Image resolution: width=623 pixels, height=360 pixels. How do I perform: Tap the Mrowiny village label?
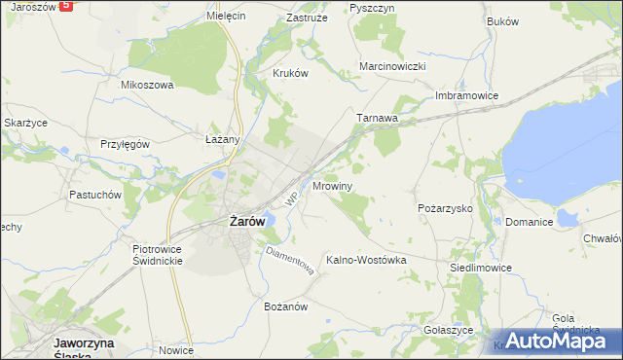click(333, 185)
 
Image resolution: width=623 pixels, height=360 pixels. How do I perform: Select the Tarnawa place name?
click(378, 119)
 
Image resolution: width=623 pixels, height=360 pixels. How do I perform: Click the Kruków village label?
click(290, 72)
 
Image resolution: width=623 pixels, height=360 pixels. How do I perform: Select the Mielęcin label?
click(226, 17)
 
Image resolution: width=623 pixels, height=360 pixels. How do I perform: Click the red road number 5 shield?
click(65, 5)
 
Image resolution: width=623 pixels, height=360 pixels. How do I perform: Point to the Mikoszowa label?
click(147, 85)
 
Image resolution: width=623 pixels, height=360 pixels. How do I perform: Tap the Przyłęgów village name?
click(125, 143)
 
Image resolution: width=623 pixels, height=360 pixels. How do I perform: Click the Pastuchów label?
click(94, 194)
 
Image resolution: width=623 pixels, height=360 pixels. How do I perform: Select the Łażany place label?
click(223, 139)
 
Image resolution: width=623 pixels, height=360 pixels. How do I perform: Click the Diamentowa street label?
click(289, 260)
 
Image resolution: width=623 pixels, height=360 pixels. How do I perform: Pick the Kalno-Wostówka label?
click(365, 260)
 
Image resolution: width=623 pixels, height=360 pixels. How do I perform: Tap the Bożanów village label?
click(286, 306)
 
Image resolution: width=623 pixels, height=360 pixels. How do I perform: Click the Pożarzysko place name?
click(444, 208)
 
